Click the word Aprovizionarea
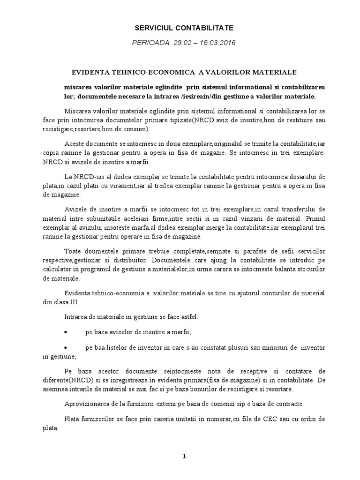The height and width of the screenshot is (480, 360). (86, 403)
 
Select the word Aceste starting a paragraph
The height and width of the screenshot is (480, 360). (75, 144)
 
